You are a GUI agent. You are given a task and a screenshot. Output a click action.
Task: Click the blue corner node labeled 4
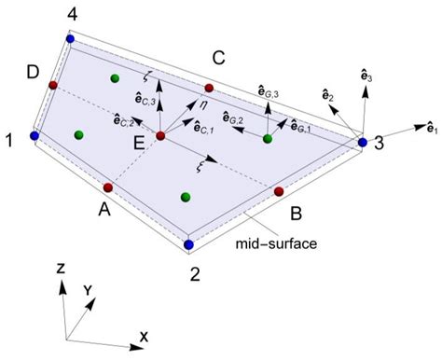pyautogui.click(x=71, y=39)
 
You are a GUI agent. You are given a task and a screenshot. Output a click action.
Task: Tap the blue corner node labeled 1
pyautogui.click(x=35, y=135)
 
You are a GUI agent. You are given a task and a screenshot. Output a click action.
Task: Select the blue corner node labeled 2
pyautogui.click(x=188, y=244)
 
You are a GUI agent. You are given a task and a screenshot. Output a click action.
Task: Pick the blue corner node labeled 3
pyautogui.click(x=363, y=143)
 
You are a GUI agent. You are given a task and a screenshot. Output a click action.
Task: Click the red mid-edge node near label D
pyautogui.click(x=53, y=85)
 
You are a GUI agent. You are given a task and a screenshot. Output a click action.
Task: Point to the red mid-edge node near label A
pyautogui.click(x=108, y=187)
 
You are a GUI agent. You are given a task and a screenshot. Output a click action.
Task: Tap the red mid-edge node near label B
pyautogui.click(x=279, y=191)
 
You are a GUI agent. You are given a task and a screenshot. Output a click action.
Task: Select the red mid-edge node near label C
pyautogui.click(x=209, y=88)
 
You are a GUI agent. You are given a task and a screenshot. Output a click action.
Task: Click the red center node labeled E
pyautogui.click(x=160, y=136)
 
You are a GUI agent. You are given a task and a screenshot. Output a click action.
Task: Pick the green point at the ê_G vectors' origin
pyautogui.click(x=268, y=139)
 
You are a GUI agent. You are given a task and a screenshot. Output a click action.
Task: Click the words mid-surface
pyautogui.click(x=276, y=243)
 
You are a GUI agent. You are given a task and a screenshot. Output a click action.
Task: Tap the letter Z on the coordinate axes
pyautogui.click(x=61, y=268)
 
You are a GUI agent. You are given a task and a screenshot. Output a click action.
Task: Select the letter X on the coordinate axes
pyautogui.click(x=144, y=337)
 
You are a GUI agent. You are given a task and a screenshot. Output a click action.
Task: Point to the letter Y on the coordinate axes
pyautogui.click(x=88, y=291)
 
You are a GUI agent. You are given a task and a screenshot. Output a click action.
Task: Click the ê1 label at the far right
pyautogui.click(x=433, y=128)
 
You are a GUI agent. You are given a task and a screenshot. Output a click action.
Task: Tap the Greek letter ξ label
pyautogui.click(x=200, y=168)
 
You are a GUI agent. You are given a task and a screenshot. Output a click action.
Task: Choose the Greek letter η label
pyautogui.click(x=203, y=105)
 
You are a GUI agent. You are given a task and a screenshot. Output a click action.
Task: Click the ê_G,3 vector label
pyautogui.click(x=269, y=92)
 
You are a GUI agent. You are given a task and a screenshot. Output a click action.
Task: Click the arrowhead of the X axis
pyautogui.click(x=137, y=347)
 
